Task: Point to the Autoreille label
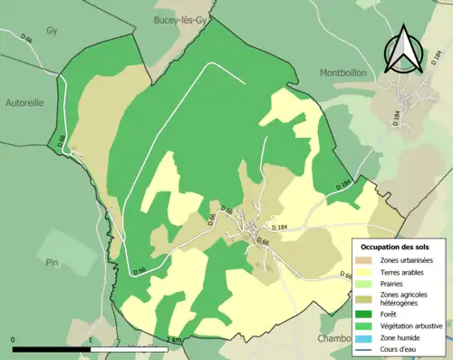point(24,102)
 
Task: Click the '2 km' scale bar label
point(174,339)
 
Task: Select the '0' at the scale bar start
point(14,339)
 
